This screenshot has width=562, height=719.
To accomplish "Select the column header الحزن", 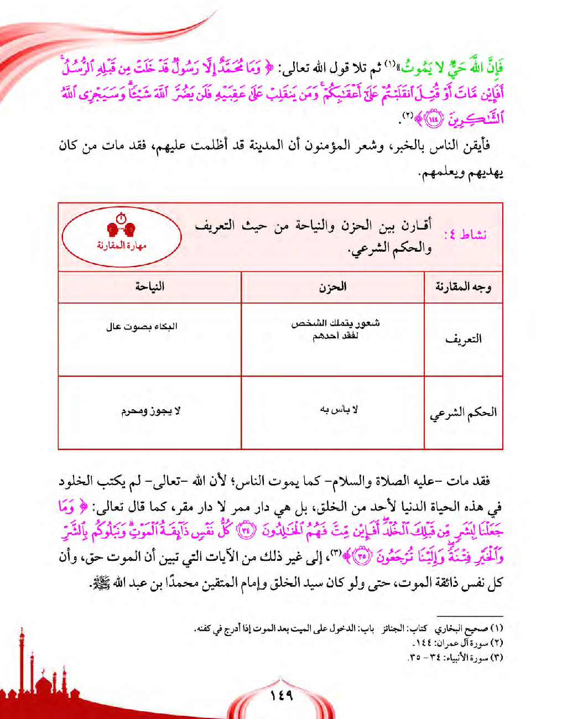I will click(x=332, y=286).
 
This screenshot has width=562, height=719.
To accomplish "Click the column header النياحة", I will click(x=149, y=286).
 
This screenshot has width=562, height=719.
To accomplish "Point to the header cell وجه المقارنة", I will click(x=464, y=286).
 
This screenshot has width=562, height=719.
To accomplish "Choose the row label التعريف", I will click(x=464, y=339).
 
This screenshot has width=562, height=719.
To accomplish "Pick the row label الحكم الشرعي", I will click(x=464, y=413).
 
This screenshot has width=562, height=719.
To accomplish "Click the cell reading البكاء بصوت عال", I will click(x=142, y=326).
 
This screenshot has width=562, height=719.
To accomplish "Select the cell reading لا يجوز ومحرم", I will click(x=150, y=411).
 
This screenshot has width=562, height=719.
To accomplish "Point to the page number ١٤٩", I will click(x=282, y=695).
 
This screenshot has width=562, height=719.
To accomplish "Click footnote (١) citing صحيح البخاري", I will click(x=348, y=629).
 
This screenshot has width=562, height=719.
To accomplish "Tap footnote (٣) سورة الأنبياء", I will click(x=455, y=658).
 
